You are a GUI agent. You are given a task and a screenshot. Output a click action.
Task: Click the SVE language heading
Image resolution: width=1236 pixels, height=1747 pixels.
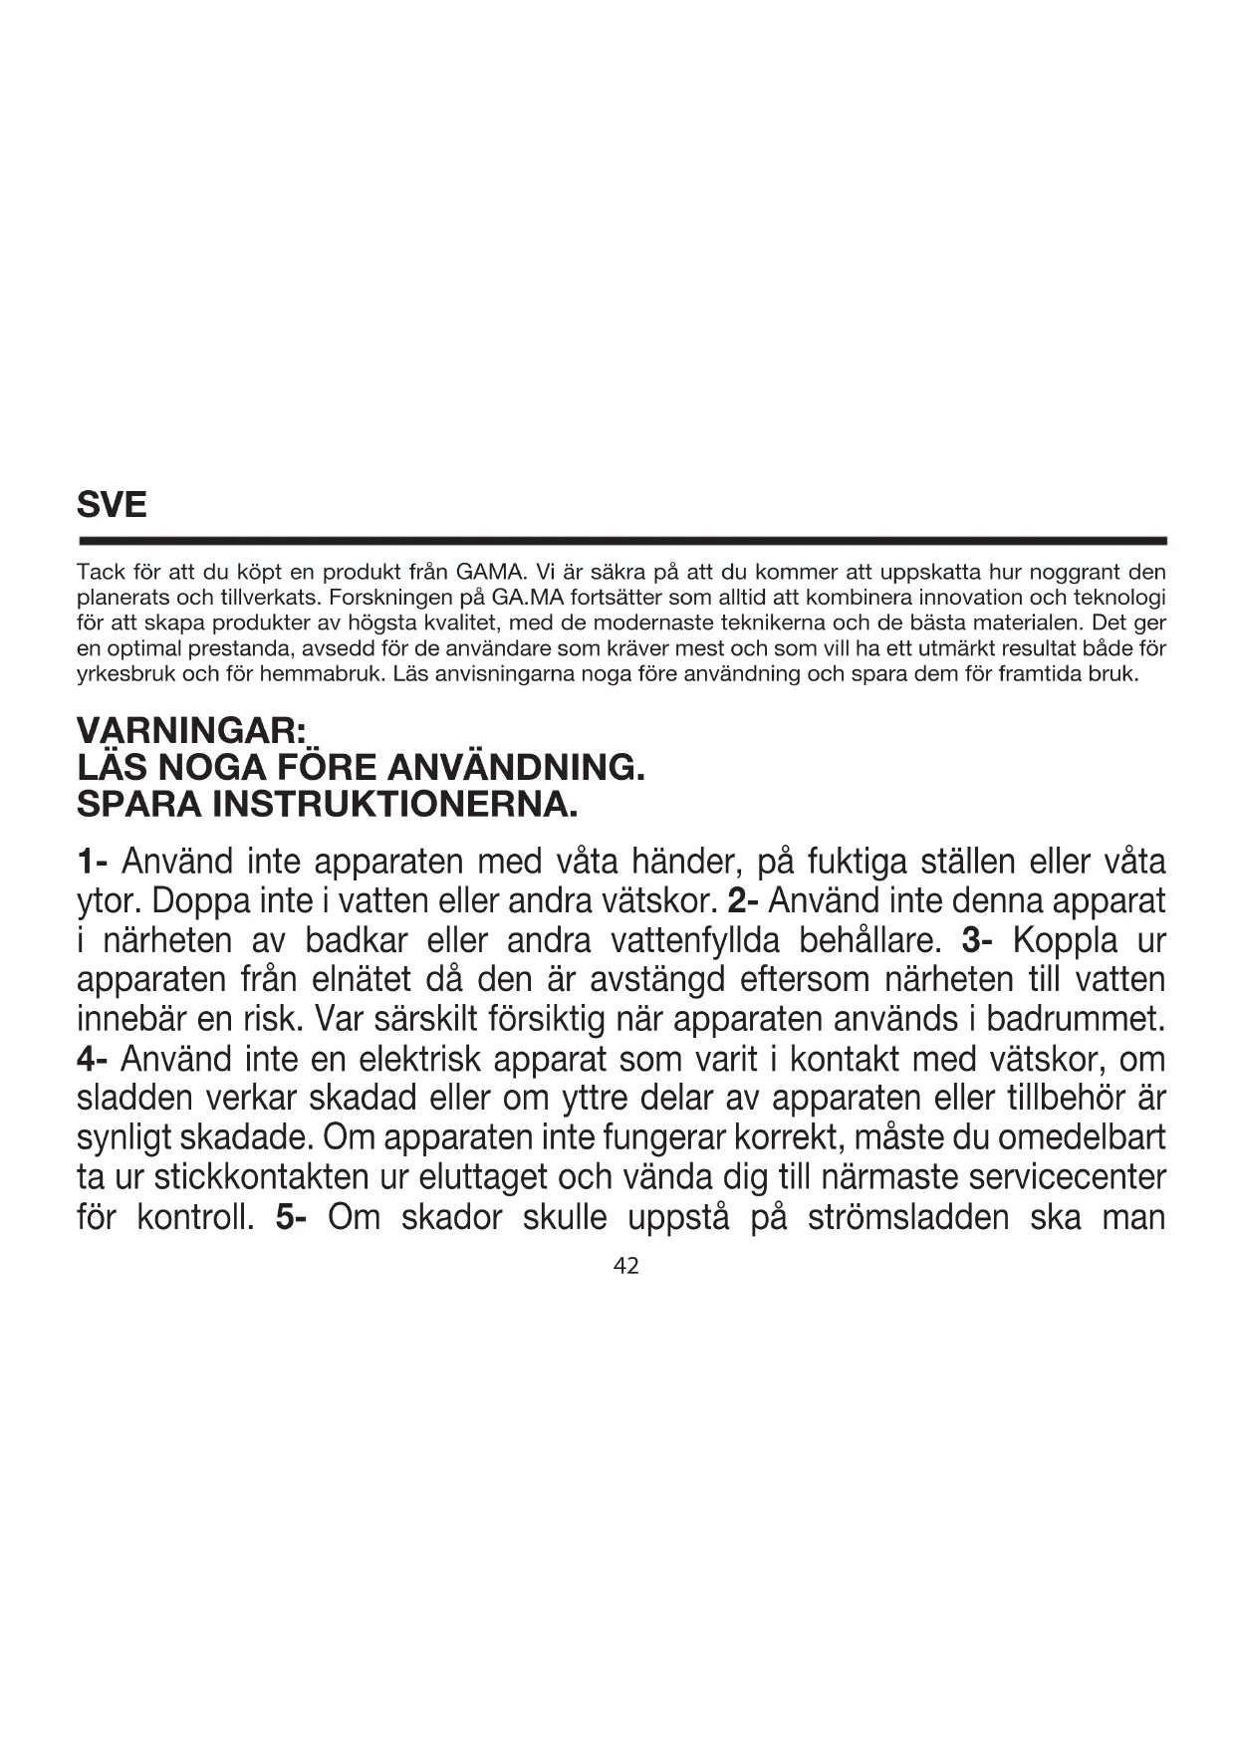click(x=112, y=505)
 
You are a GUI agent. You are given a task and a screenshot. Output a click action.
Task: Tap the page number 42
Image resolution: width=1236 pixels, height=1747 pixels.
click(x=626, y=1266)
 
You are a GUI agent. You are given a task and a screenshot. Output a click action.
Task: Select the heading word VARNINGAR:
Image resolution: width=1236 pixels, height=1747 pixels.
click(x=191, y=731)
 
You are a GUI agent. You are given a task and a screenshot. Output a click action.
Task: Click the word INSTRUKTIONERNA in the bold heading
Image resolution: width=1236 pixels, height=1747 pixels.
click(x=395, y=804)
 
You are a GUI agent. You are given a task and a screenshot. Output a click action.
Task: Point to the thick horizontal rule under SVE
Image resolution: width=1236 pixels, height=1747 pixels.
click(x=621, y=541)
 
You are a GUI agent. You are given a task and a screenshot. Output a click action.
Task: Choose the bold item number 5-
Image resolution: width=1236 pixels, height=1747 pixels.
click(x=291, y=1217)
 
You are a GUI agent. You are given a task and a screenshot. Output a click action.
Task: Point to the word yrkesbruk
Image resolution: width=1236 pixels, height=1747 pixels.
click(x=125, y=674)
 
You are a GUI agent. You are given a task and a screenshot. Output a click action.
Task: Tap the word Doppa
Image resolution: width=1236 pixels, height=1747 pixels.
click(x=201, y=900)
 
